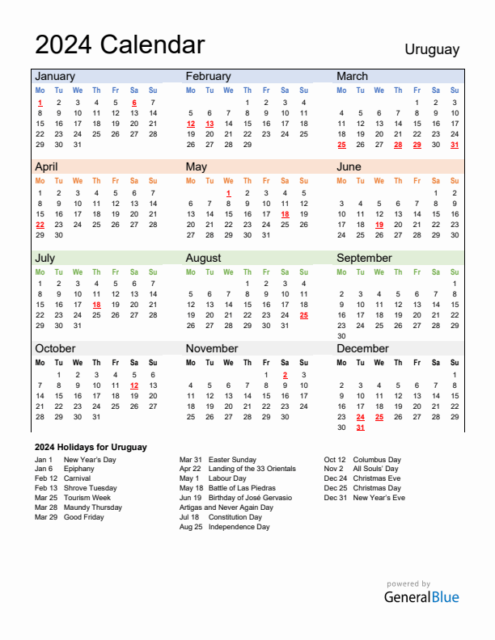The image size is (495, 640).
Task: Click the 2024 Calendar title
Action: tap(120, 44)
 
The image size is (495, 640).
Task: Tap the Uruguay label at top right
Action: tap(432, 49)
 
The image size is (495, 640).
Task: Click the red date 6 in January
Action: tap(133, 103)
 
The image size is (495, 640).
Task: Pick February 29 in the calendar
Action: tap(247, 145)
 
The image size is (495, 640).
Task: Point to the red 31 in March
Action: tap(455, 145)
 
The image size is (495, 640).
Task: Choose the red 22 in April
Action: tap(40, 225)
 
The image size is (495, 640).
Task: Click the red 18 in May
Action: tap(285, 214)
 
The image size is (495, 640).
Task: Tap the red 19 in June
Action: tap(379, 225)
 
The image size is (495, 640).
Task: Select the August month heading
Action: tap(204, 258)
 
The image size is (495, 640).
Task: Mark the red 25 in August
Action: tap(303, 315)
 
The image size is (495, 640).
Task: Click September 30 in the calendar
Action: tap(341, 336)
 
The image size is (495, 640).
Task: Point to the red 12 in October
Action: tap(133, 385)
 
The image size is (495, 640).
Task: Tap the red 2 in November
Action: tap(285, 375)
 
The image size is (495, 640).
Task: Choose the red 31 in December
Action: tap(360, 427)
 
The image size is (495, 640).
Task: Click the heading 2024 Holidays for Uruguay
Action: tap(91, 447)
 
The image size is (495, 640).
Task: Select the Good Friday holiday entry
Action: tap(84, 517)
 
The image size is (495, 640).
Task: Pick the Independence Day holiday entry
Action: tap(239, 527)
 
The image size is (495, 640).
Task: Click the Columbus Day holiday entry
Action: tap(376, 460)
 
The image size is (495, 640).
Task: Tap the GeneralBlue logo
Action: tap(421, 597)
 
